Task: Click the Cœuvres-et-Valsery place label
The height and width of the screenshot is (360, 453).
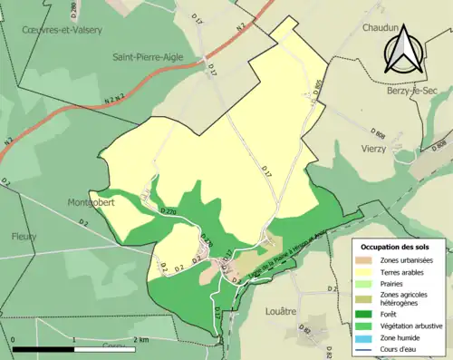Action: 62,29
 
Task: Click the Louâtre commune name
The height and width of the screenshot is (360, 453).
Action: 283,311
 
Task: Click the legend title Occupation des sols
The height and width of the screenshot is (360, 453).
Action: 396,246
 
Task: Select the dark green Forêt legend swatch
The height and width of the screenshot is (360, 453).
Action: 369,306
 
